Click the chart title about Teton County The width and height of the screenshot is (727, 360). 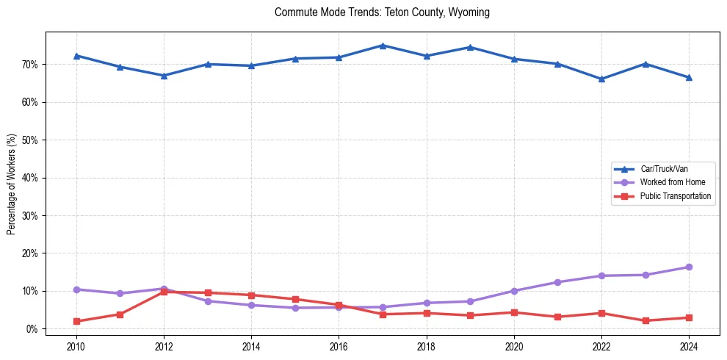[x=382, y=12]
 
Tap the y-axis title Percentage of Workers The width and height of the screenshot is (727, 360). [x=11, y=184]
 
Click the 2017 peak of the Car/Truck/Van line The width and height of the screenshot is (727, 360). [x=383, y=46]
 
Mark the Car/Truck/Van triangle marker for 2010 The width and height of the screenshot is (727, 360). [x=76, y=56]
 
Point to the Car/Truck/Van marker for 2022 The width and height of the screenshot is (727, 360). [x=601, y=79]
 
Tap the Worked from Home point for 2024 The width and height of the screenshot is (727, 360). [x=689, y=267]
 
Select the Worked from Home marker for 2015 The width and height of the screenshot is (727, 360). [x=295, y=308]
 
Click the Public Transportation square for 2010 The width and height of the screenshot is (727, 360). [x=76, y=321]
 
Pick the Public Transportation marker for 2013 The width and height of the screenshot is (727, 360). [x=208, y=292]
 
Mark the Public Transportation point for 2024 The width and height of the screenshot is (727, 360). [x=689, y=317]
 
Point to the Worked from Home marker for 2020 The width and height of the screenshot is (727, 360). [x=514, y=291]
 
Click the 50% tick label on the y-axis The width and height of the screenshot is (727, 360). [x=30, y=140]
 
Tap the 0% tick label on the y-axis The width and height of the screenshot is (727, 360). [x=32, y=329]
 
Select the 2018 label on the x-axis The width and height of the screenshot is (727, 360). [x=427, y=345]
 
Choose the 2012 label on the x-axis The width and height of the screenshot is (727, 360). [x=164, y=345]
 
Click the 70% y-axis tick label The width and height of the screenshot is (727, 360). [x=30, y=65]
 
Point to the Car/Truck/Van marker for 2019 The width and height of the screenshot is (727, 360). [x=470, y=47]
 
